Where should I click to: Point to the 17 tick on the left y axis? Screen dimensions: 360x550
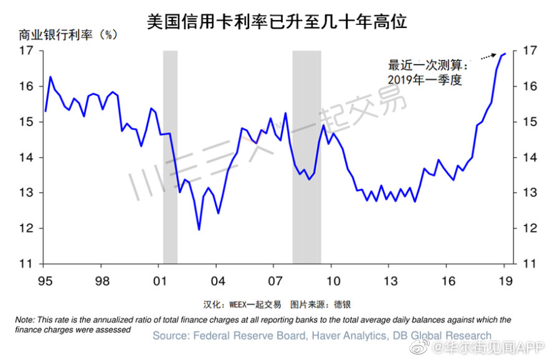(x=26, y=51)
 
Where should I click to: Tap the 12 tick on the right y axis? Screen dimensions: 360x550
(x=528, y=229)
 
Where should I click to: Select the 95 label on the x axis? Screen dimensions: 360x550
(x=44, y=281)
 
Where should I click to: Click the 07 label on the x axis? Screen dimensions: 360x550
(x=274, y=281)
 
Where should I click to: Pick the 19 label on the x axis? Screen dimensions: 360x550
(x=505, y=281)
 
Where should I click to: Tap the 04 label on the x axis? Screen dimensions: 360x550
(x=216, y=281)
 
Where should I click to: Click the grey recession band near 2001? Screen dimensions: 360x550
(x=170, y=156)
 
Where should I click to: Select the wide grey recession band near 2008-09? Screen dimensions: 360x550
(x=306, y=156)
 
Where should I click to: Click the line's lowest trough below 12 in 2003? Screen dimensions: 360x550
(x=199, y=229)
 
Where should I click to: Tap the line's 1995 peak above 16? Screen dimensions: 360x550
(x=50, y=77)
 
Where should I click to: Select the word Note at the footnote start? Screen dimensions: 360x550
(x=25, y=320)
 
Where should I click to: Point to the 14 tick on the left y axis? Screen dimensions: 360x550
(x=26, y=158)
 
